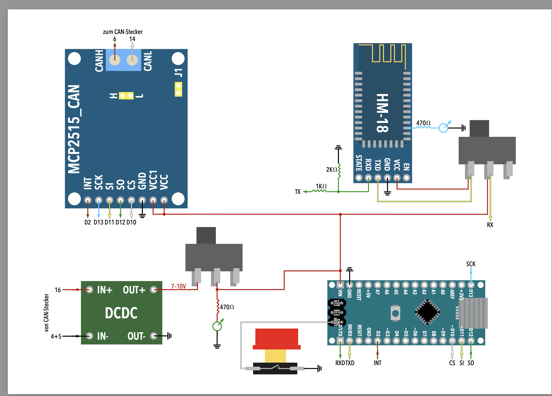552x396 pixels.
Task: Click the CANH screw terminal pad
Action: (x=115, y=60)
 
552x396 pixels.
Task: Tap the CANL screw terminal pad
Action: (x=132, y=60)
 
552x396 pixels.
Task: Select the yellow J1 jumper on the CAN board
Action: (x=178, y=89)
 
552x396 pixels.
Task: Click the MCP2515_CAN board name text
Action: (x=74, y=129)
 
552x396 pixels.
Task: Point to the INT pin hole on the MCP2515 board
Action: (x=88, y=200)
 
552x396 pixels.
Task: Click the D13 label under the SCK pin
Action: (x=98, y=222)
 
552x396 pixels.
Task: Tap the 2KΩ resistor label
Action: (x=332, y=170)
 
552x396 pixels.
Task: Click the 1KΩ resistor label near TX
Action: (x=321, y=186)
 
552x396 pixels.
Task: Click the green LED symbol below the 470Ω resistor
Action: (x=217, y=326)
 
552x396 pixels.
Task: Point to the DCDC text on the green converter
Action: (x=121, y=313)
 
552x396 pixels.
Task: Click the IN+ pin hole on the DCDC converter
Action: (x=89, y=290)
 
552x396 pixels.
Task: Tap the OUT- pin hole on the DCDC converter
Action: (x=154, y=336)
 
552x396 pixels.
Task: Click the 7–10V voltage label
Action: (x=178, y=286)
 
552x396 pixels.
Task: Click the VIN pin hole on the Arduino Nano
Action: (x=340, y=285)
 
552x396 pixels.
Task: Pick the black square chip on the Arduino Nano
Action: (x=427, y=312)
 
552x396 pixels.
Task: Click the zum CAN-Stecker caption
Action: (x=123, y=32)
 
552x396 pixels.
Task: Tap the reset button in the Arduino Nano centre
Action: (x=395, y=313)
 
